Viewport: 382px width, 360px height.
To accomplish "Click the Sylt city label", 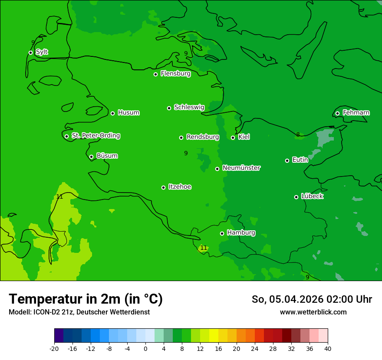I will tap(42, 52).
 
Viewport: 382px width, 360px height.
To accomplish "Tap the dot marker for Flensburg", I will tap(155, 74).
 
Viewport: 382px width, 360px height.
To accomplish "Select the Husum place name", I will tap(128, 113).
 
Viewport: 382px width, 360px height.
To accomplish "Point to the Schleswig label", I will tap(189, 107).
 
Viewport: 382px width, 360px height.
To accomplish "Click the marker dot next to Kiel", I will tap(233, 137).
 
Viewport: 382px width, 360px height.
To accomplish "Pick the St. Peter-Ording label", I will tap(95, 135).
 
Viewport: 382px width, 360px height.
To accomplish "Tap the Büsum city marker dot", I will tap(91, 157).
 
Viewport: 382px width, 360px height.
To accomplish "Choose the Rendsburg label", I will tap(203, 137).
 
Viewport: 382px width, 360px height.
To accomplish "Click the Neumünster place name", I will tap(241, 168).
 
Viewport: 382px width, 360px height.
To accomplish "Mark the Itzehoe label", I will tap(180, 187).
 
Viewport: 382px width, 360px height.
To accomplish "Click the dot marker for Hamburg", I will tap(222, 233).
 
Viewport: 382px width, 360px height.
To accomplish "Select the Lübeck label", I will tap(312, 196).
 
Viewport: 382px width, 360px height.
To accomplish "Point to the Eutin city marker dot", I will tap(287, 160).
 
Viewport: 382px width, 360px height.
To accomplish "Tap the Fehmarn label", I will tap(356, 113).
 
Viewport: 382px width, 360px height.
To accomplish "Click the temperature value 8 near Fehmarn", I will tap(298, 134).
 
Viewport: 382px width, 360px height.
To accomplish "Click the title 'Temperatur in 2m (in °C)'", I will tap(86, 299).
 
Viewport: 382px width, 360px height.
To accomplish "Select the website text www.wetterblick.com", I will tap(313, 312).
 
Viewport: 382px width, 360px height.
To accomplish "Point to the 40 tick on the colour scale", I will tap(328, 348).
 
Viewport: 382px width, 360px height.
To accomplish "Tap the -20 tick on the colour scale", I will tap(54, 348).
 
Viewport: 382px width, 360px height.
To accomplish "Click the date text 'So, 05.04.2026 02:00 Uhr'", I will tap(312, 299).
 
